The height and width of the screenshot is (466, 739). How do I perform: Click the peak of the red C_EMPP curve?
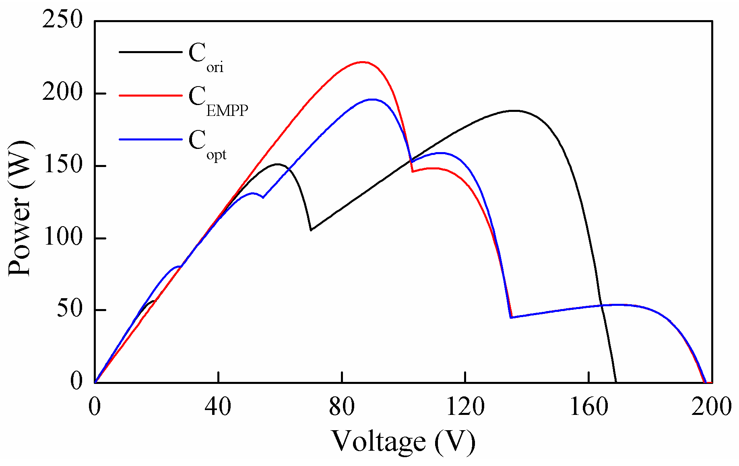[362, 62]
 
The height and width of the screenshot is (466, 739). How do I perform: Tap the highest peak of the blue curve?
[372, 99]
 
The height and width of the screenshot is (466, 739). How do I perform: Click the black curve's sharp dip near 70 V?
[311, 230]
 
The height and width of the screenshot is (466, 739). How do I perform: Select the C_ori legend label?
[206, 58]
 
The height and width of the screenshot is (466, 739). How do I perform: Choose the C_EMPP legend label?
[218, 101]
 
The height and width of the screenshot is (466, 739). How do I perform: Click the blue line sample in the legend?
[151, 140]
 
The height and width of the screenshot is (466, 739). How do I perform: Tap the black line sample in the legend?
[151, 52]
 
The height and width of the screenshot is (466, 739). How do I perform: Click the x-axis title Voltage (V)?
[403, 442]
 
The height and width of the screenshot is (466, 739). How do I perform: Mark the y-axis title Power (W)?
[20, 208]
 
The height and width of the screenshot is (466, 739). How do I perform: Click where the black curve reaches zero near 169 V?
[616, 382]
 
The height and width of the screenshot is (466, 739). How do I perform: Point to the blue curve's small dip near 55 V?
[263, 198]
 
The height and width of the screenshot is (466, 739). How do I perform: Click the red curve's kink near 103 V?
[412, 172]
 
